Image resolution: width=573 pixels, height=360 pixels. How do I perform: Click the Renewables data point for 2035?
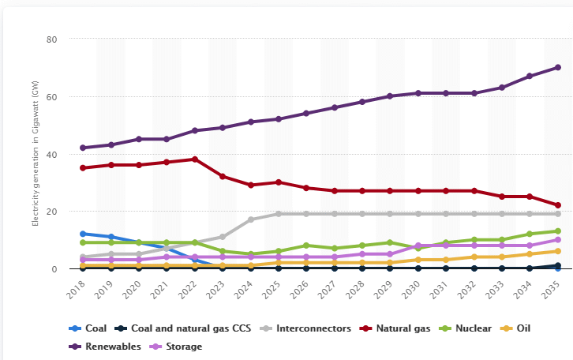(557, 67)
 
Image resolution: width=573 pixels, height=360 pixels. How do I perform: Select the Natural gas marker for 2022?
(194, 159)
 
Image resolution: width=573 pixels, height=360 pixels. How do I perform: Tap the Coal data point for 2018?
(83, 234)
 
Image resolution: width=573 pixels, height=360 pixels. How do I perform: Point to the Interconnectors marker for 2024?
(250, 219)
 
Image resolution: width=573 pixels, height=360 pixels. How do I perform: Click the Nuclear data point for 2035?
(557, 231)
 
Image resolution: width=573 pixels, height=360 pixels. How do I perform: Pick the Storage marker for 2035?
(557, 240)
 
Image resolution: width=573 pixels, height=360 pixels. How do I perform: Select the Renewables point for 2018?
(83, 148)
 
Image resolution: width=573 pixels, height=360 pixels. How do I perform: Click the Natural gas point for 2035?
(557, 205)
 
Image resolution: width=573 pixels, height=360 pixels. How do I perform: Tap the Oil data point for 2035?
(557, 251)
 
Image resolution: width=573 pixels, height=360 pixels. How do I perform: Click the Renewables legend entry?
(108, 346)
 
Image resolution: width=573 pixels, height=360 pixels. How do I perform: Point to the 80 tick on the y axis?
(51, 39)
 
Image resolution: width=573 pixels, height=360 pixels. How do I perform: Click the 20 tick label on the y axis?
(51, 212)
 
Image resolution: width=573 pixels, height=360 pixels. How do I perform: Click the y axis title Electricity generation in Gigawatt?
(36, 154)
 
